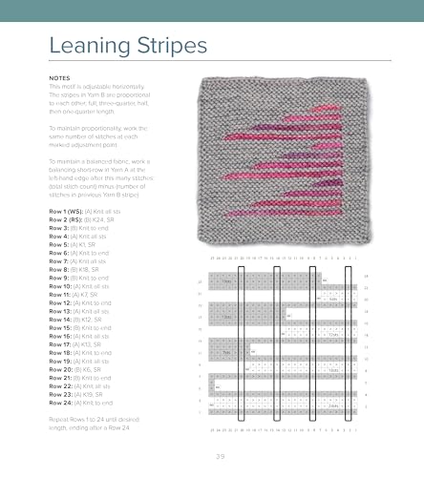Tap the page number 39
[x=220, y=455]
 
